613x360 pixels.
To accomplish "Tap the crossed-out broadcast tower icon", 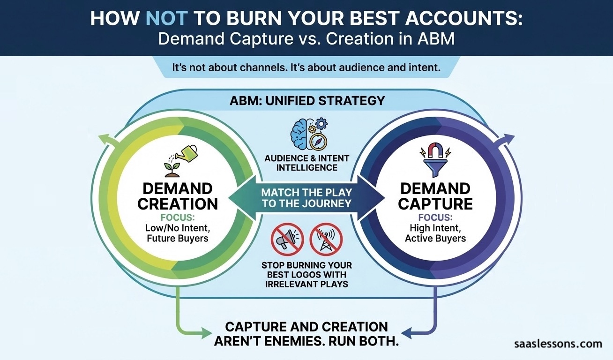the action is tap(326, 239).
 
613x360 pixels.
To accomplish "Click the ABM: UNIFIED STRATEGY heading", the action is tap(307, 100).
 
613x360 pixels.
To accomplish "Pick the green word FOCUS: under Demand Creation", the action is tap(179, 218).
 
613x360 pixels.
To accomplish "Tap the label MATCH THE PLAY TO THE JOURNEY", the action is tap(307, 197).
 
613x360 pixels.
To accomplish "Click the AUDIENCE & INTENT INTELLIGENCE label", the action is tap(307, 163).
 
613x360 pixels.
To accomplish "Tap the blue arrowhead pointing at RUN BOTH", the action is tap(406, 334).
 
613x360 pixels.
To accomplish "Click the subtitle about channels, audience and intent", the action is tap(307, 67).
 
